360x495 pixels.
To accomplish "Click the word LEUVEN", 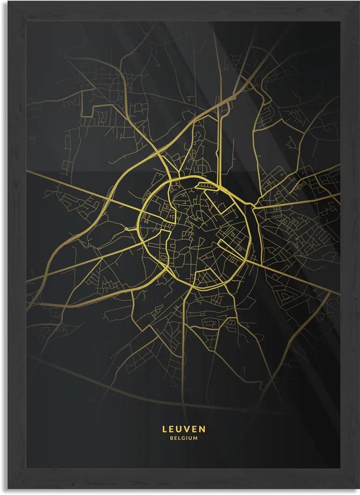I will [183, 429].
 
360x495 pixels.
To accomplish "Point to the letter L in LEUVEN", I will [164, 429].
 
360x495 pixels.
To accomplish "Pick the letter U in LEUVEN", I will [179, 429].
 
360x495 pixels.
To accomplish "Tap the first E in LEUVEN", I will [171, 429].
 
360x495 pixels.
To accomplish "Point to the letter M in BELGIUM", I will [195, 438].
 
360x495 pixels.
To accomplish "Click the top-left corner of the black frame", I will [2, 2].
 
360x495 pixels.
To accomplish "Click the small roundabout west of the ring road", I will [126, 228].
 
